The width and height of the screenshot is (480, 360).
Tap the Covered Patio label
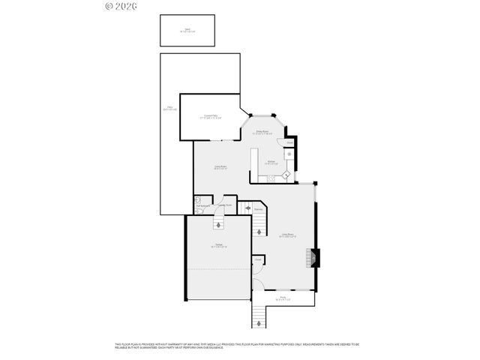pyautogui.click(x=210, y=117)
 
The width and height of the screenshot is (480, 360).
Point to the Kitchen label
pyautogui.click(x=271, y=162)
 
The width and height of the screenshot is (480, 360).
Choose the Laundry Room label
pyautogui.click(x=223, y=205)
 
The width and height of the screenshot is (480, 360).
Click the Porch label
pyautogui.click(x=284, y=298)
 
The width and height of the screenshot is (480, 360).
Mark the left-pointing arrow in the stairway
pyautogui.click(x=248, y=209)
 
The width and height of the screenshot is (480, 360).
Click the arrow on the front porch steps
pyautogui.click(x=259, y=322)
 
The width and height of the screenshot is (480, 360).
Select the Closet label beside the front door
pyautogui.click(x=257, y=260)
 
